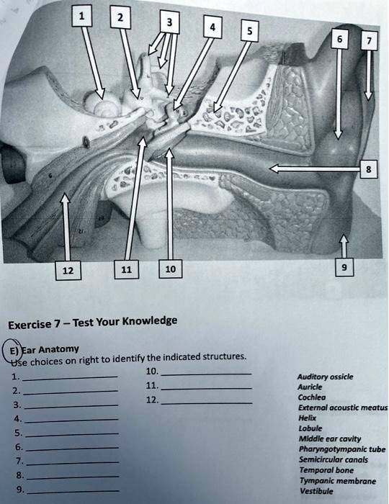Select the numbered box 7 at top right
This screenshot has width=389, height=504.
pyautogui.click(x=369, y=42)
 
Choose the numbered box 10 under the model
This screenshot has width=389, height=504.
pyautogui.click(x=170, y=269)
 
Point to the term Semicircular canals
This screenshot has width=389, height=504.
pyautogui.click(x=325, y=459)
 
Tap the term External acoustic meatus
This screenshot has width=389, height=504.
pyautogui.click(x=341, y=408)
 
